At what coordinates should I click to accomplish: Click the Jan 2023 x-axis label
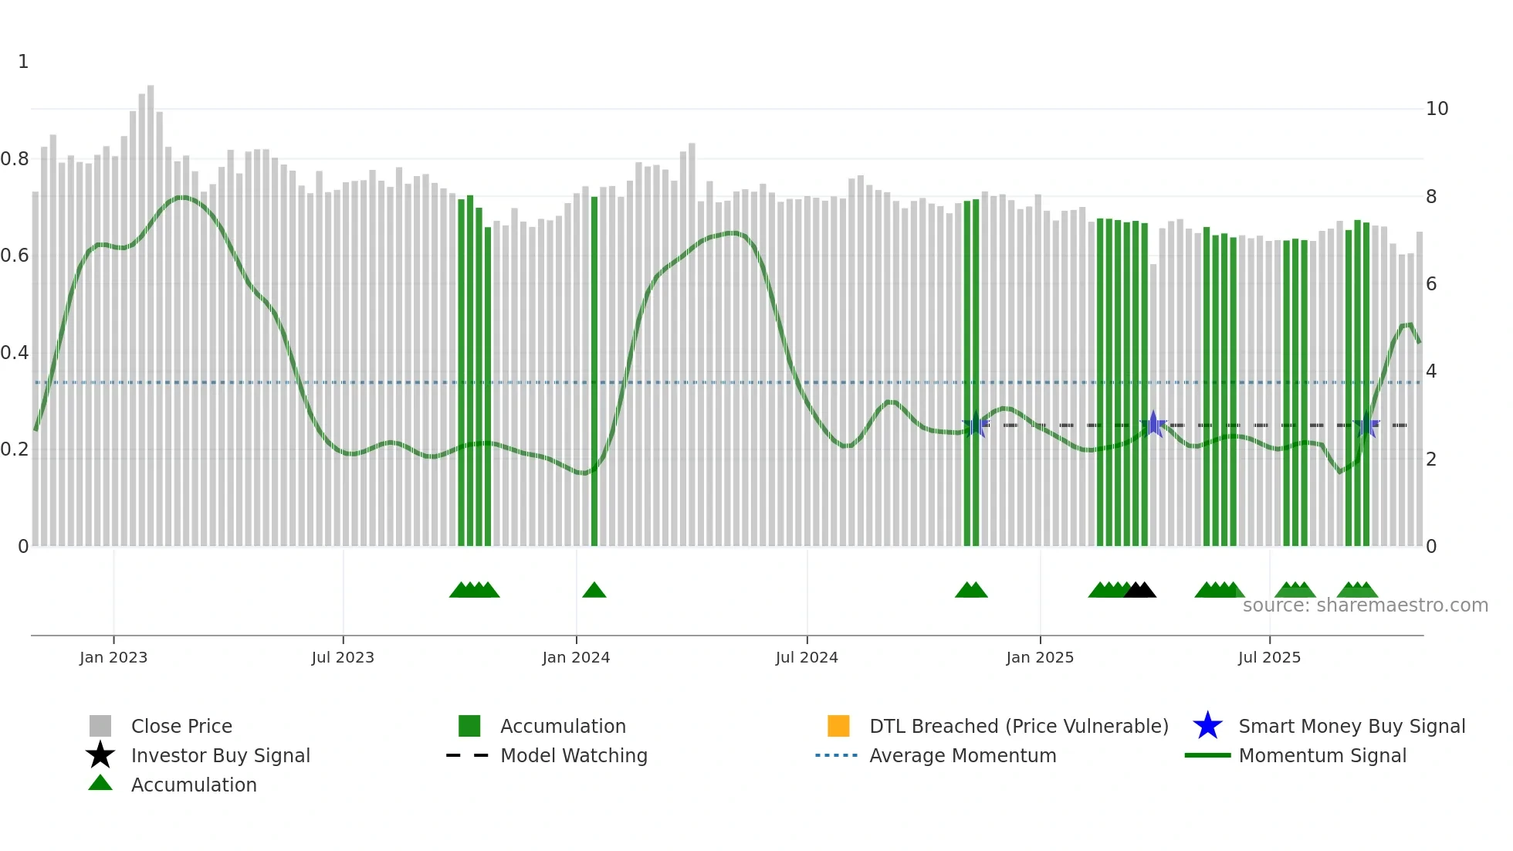tap(113, 657)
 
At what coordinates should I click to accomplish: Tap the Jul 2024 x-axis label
tap(807, 657)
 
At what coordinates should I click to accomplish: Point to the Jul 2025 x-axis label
tap(1269, 657)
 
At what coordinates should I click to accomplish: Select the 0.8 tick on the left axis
tap(15, 159)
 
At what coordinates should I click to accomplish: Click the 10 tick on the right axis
tap(1437, 109)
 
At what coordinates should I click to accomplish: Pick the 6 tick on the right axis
tap(1431, 284)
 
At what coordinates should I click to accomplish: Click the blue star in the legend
tap(1207, 726)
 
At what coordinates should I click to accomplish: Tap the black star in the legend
tap(100, 755)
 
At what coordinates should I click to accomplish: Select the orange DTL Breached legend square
tap(838, 726)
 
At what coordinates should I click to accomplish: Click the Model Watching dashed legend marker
tap(468, 755)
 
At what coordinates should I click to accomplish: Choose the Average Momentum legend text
tap(963, 755)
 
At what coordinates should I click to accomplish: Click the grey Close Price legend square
tap(100, 726)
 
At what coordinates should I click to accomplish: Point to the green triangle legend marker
tap(100, 783)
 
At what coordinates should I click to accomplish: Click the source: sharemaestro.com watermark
tap(1365, 605)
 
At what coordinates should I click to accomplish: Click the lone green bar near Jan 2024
tap(594, 371)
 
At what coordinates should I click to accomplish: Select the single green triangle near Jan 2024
tap(594, 591)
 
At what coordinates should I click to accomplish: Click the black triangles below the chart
tap(1140, 591)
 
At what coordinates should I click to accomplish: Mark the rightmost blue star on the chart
tap(1366, 425)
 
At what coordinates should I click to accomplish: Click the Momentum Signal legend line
tap(1207, 755)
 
